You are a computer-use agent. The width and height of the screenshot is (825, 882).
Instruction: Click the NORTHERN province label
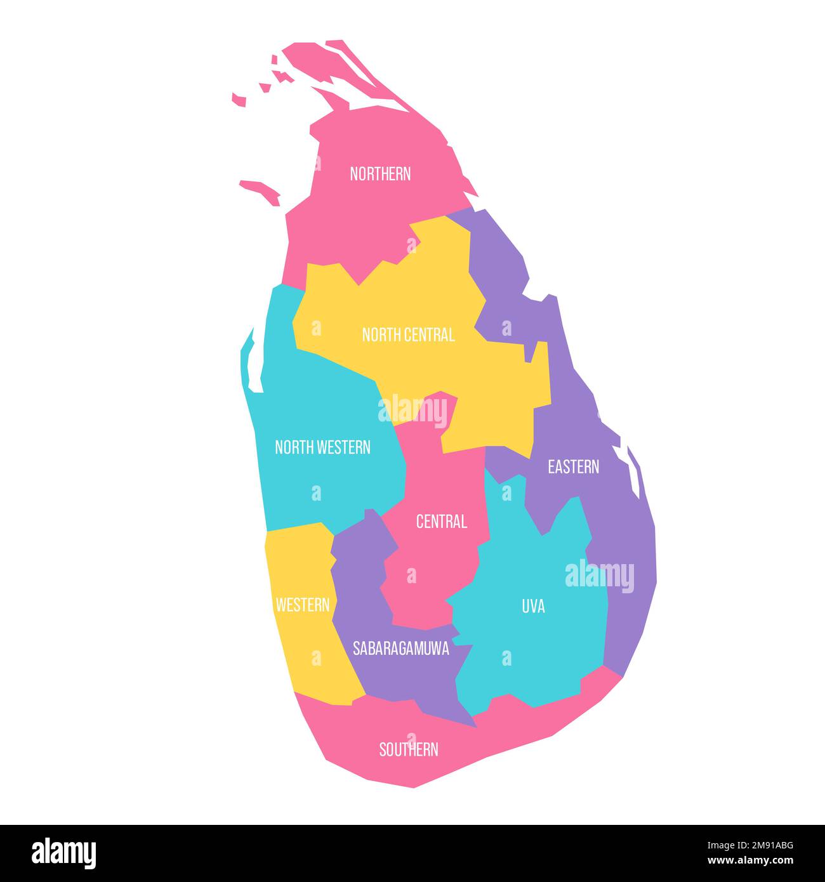380,174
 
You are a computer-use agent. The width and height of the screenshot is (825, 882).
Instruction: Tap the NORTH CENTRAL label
408,335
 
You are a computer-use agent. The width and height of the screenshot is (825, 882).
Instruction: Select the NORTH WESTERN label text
322,447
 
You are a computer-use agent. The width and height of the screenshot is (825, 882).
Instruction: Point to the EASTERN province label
573,467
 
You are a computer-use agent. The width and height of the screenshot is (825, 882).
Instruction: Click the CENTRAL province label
441,522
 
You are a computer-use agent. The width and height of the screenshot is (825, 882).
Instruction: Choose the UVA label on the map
533,607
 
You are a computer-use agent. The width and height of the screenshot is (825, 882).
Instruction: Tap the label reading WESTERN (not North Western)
302,605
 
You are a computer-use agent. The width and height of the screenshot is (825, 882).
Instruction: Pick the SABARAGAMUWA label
400,648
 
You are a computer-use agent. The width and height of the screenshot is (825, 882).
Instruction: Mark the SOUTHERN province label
408,749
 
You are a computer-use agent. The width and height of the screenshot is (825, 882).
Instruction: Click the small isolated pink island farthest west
239,99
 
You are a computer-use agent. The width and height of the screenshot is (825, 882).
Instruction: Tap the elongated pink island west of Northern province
260,190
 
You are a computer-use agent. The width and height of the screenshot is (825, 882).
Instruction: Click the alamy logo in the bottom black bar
63,853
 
